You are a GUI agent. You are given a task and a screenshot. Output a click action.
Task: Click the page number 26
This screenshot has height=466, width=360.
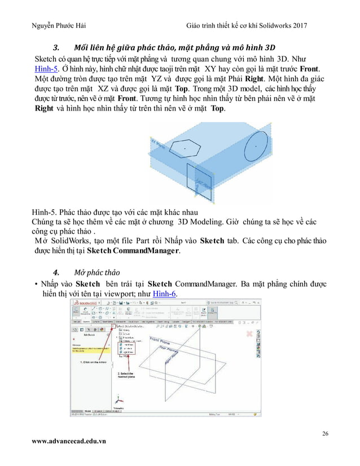[324, 433]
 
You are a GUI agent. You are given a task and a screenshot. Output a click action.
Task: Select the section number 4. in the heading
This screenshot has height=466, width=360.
[56, 268]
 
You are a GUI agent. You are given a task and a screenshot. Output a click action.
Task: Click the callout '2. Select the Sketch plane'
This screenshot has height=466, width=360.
[127, 375]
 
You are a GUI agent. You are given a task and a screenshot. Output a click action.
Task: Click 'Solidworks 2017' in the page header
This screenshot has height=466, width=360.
[288, 28]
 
